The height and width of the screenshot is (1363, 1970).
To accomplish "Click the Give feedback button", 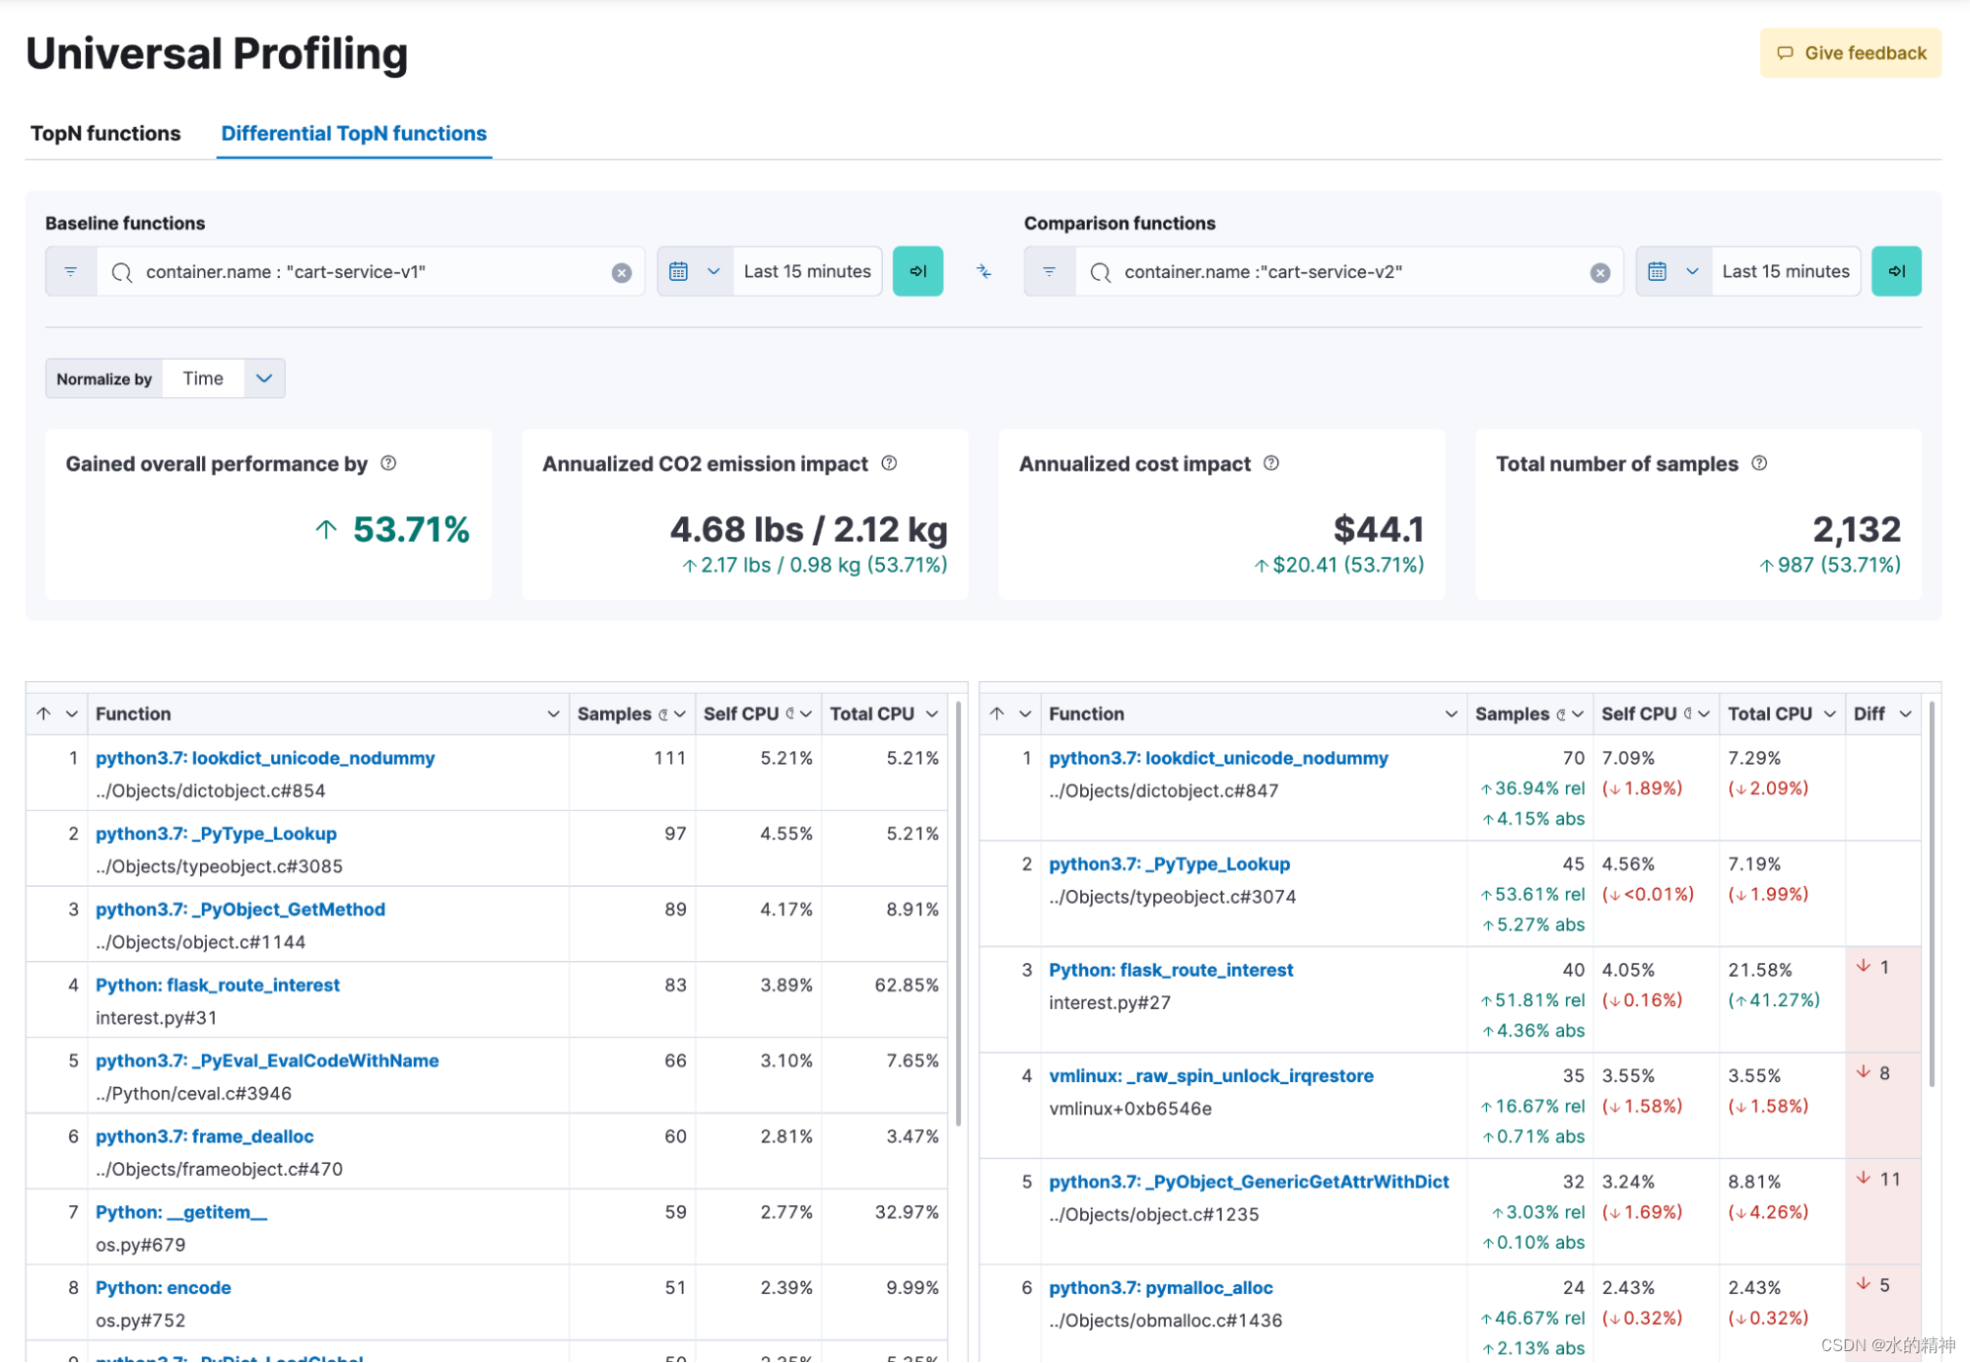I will [1850, 53].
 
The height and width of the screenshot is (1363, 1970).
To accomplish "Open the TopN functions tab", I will [105, 133].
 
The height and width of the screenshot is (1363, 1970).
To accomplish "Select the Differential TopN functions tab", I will [354, 133].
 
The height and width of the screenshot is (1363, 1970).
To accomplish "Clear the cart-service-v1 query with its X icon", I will [621, 273].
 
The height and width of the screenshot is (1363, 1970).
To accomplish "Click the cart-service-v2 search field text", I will [1262, 272].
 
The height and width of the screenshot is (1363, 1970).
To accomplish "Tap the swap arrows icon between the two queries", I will [984, 271].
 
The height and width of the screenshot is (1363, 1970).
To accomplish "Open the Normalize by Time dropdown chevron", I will [264, 378].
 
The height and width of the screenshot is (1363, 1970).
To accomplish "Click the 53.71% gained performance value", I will [411, 529].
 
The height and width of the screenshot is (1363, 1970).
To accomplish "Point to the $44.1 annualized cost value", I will [1378, 529].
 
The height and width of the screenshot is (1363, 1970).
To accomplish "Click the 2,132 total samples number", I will [1856, 529].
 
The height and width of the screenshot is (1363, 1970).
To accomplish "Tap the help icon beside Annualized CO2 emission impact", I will [889, 463].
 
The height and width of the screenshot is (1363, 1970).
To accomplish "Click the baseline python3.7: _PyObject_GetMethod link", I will [240, 909].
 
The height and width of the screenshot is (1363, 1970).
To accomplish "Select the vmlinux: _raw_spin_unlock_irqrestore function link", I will [1210, 1075].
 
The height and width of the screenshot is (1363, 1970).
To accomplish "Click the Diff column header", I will [1868, 714].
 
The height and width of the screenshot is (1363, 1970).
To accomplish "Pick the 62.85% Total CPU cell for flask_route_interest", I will [906, 985].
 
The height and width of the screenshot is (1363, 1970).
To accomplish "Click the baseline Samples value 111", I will [669, 758].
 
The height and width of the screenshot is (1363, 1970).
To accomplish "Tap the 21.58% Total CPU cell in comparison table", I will [1759, 970].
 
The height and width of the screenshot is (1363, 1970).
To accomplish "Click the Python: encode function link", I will [164, 1287].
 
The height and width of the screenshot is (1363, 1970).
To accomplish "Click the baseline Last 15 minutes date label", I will [806, 271].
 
